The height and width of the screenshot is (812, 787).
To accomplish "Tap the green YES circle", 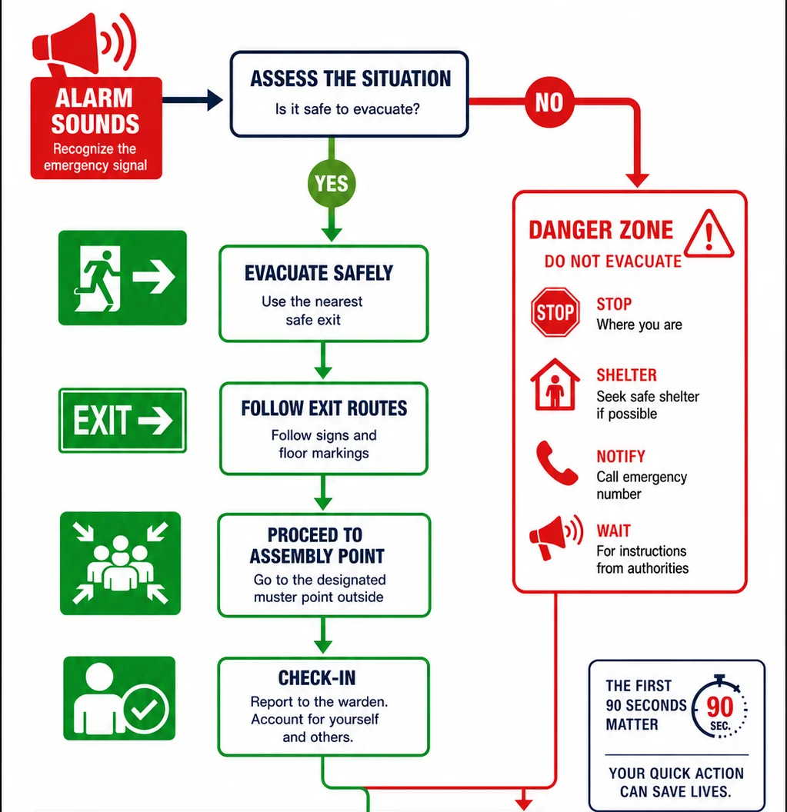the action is [x=332, y=183].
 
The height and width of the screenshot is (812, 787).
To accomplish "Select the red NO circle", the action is [x=549, y=102].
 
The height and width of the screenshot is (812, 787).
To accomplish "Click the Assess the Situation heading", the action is [x=350, y=78].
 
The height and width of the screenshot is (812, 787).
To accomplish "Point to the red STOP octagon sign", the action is [x=555, y=312].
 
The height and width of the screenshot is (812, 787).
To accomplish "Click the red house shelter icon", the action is [x=555, y=384].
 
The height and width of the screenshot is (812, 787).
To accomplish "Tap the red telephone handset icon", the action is [x=556, y=463].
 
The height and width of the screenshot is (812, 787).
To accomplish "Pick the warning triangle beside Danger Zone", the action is [x=709, y=234].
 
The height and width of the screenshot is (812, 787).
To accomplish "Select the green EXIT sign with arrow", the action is [x=122, y=420].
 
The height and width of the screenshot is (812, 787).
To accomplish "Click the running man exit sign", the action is [x=122, y=278].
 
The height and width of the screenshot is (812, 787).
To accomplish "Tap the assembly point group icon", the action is [x=120, y=564].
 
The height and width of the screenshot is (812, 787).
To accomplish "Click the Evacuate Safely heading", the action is [x=318, y=273].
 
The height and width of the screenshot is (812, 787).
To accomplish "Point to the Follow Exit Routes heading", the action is [x=324, y=408].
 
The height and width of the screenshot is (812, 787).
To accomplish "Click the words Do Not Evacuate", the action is [x=613, y=261].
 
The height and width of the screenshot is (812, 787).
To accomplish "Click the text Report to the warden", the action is [x=319, y=702].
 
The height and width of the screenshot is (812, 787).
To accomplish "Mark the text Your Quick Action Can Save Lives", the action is [x=676, y=782].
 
